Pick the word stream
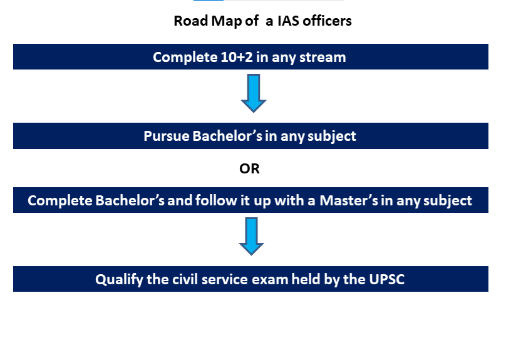(x=323, y=57)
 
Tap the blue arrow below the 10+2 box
(x=254, y=93)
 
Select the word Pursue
(x=167, y=136)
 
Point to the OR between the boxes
(x=250, y=168)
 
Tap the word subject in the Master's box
(x=449, y=201)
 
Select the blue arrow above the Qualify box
(x=252, y=235)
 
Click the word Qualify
(x=119, y=279)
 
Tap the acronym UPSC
(x=383, y=279)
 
